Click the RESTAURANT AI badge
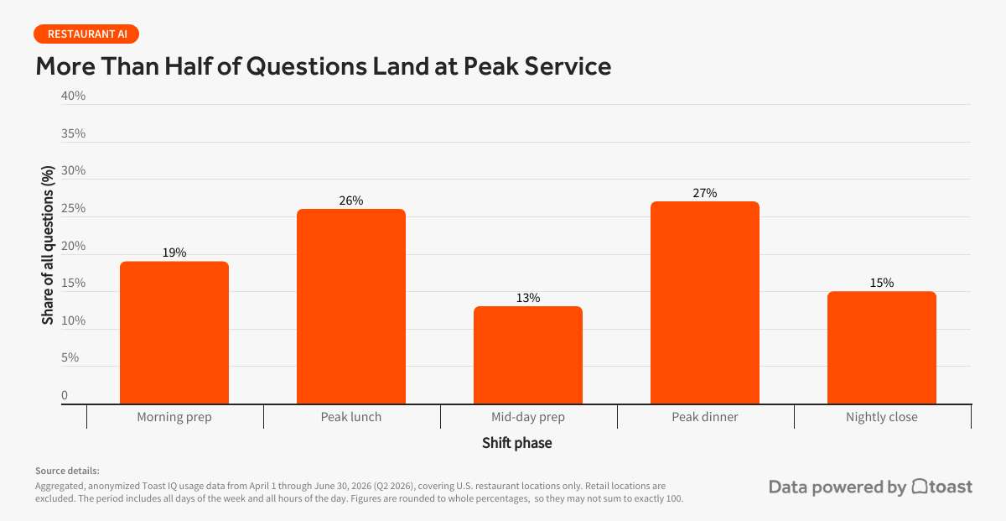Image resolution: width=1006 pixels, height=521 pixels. point(86,34)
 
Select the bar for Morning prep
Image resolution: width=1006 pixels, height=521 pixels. point(174,332)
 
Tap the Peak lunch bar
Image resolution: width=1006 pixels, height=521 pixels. point(351,306)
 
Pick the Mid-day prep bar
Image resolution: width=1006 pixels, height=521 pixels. point(528,355)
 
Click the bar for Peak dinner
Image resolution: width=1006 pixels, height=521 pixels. point(705,303)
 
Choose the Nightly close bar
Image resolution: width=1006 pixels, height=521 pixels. point(882,347)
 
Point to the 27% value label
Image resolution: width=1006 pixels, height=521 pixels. point(705,193)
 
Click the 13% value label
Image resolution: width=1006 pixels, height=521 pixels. point(528,298)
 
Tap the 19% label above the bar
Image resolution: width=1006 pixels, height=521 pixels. point(174,253)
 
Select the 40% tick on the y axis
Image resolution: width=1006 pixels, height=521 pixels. point(73,96)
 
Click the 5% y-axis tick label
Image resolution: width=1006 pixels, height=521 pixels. point(70,357)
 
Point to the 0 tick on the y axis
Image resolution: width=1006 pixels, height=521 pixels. point(65,395)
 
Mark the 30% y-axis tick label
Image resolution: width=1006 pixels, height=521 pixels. point(73,170)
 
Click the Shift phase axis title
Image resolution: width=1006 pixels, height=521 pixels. point(517,443)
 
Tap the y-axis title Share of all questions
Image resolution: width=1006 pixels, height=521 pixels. point(48,246)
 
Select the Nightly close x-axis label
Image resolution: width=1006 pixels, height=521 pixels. point(882,417)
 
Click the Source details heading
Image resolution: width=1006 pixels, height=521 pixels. point(67,472)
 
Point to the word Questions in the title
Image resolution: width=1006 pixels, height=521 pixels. point(306,66)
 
